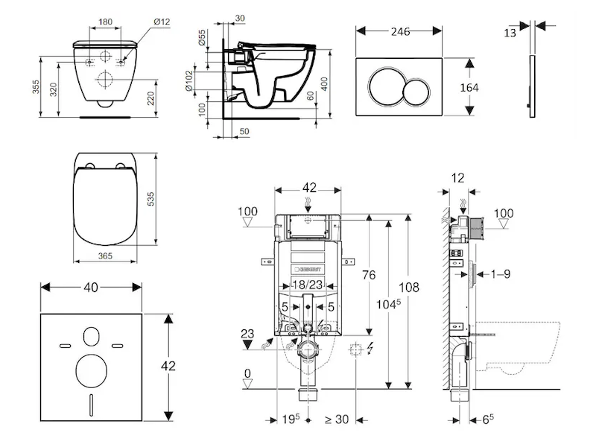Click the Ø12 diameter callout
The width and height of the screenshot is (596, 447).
(x=162, y=22)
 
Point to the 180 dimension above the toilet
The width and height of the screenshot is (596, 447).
(x=105, y=22)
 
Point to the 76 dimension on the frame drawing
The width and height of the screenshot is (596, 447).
(x=370, y=274)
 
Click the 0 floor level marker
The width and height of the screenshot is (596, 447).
(x=247, y=373)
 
